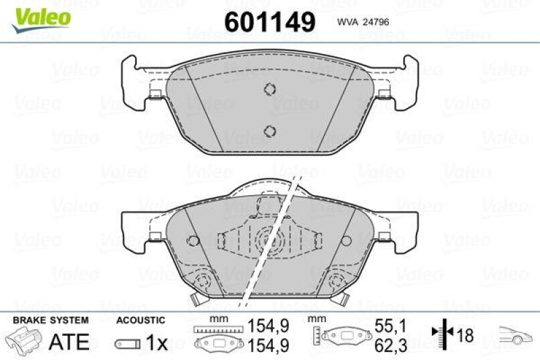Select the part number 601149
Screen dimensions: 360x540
click(x=269, y=22)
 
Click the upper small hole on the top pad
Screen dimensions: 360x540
click(x=270, y=88)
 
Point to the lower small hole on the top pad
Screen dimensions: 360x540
click(x=270, y=130)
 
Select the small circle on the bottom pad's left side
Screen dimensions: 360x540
click(x=194, y=240)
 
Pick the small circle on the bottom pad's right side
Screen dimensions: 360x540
click(x=346, y=240)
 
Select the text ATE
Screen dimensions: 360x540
click(x=69, y=341)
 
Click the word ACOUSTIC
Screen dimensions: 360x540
click(x=140, y=319)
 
